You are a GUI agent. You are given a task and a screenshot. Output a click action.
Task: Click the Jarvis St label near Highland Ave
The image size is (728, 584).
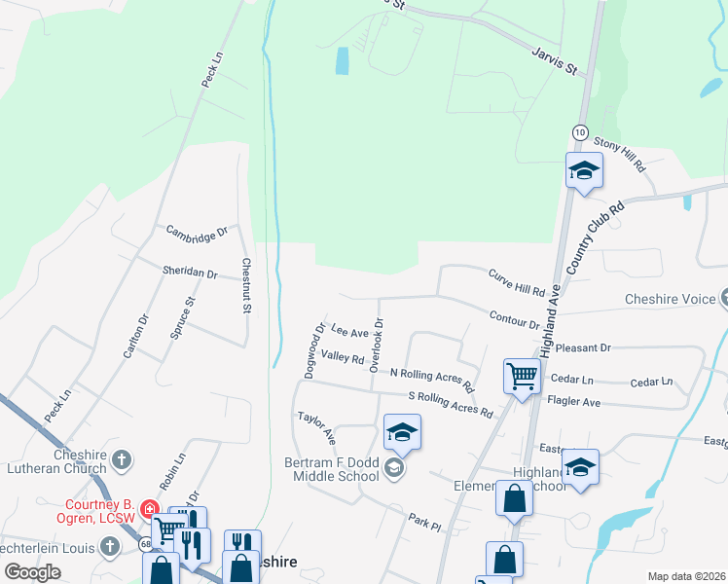(555, 60)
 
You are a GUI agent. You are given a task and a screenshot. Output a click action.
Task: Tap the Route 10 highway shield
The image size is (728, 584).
(579, 130)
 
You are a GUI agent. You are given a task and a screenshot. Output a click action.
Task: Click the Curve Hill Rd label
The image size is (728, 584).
(517, 282)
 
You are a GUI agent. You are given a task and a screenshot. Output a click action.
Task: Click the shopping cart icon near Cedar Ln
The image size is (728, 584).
(523, 376)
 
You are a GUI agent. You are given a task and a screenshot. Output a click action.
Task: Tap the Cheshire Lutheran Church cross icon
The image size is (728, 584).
(122, 457)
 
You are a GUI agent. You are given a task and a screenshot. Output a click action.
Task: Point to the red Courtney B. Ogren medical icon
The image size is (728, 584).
(149, 508)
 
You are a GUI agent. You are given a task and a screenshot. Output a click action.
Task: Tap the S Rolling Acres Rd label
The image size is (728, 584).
(451, 404)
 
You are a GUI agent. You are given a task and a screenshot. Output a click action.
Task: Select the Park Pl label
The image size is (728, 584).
(425, 524)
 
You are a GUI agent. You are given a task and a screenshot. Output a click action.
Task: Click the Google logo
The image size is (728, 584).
(32, 571)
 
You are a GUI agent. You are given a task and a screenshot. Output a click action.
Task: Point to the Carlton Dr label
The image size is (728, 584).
(136, 336)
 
